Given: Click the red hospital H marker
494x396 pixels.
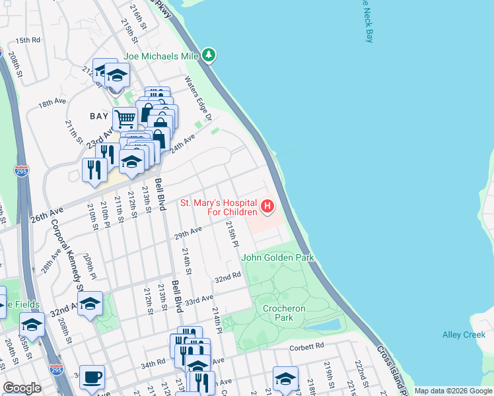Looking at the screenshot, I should pos(267,207).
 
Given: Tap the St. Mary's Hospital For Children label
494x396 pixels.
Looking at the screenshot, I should pos(219,207).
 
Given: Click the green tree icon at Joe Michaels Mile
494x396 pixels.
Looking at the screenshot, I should pos(209,55).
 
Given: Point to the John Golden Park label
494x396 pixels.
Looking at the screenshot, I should pos(277,257).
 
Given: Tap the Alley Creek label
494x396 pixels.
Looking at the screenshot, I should pos(464,335).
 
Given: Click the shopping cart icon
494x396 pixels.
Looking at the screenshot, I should pos(124,119).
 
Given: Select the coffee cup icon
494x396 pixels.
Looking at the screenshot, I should pos(92,378).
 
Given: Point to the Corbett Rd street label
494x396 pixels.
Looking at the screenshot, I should pos(307,346).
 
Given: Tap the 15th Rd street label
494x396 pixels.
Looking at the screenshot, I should pos(28,40).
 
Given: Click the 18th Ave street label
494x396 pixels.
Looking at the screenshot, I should pos(52,103).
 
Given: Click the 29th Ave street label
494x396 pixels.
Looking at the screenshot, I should pos(187,232).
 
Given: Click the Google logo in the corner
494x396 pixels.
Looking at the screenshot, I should pos(22,389).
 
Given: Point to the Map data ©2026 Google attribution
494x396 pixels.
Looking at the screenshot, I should pos(453,391).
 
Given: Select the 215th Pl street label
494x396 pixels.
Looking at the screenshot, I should pos(231,234).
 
